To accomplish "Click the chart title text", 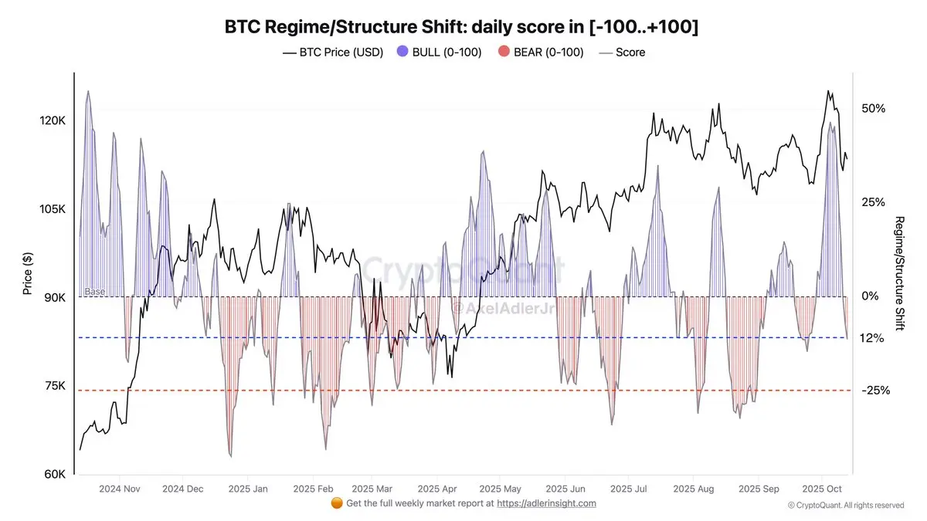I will (x=462, y=27).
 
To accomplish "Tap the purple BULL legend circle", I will (x=402, y=52).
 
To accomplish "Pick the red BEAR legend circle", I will (x=503, y=52).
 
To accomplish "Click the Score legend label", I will (x=630, y=52).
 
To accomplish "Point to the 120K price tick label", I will (x=53, y=121).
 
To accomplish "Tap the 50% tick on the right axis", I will (x=873, y=109).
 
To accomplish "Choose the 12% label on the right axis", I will (x=871, y=338).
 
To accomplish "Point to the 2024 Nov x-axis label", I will (x=120, y=489).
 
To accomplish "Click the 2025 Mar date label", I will (x=373, y=489).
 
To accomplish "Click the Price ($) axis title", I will (x=27, y=273).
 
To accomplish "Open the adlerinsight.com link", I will (x=546, y=503).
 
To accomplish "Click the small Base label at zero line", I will (x=94, y=292).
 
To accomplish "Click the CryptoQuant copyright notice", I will (x=845, y=505).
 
